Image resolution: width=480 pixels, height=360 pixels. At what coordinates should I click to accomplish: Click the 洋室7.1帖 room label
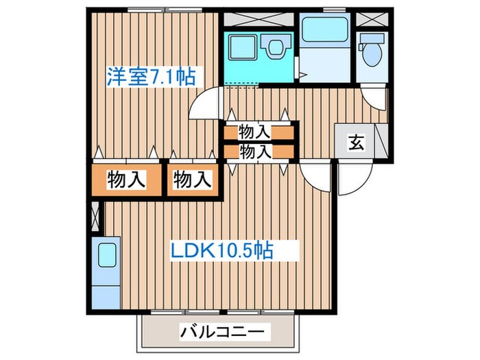[150, 76]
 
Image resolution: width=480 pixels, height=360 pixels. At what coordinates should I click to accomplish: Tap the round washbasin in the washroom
[276, 47]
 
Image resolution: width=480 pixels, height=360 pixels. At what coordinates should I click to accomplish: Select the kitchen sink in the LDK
[108, 255]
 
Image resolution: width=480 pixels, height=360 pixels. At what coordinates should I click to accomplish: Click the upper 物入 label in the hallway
[254, 130]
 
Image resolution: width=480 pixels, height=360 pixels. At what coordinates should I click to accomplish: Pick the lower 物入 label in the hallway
[254, 151]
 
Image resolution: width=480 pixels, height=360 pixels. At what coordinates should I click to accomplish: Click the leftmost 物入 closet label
[127, 180]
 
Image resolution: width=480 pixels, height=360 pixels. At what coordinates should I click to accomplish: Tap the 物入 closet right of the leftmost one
[191, 180]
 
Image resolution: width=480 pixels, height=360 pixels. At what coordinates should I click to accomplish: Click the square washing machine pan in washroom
[242, 47]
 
